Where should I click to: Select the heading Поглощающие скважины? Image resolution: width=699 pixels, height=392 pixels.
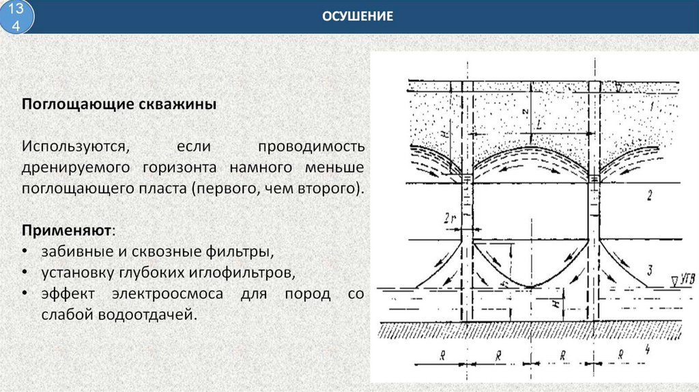[x=119, y=104]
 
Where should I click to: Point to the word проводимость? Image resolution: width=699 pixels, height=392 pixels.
[x=311, y=147]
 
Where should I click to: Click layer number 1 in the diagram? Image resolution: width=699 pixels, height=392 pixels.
[x=652, y=107]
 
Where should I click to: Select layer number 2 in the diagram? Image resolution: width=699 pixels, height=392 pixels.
[x=649, y=197]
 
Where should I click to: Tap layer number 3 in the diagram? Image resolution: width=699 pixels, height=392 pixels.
[x=650, y=268]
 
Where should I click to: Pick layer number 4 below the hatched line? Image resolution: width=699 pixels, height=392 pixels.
[x=647, y=348]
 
